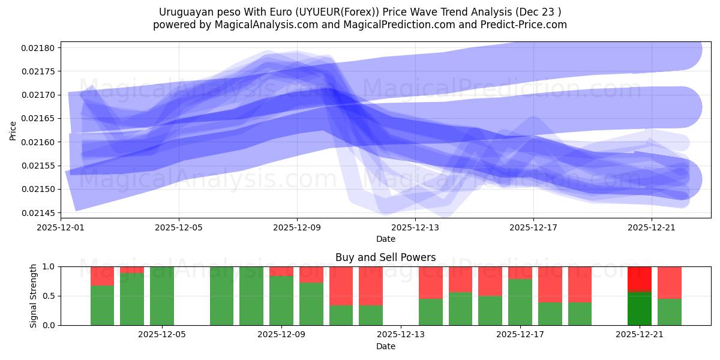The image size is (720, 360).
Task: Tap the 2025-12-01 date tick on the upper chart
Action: (x=61, y=228)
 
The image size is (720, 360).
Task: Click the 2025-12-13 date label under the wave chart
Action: (x=415, y=228)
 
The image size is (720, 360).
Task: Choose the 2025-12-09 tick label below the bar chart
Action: (x=281, y=335)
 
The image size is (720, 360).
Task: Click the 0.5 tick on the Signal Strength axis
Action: (x=49, y=296)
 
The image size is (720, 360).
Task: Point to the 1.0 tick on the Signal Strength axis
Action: (x=49, y=266)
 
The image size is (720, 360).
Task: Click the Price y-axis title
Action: (x=13, y=130)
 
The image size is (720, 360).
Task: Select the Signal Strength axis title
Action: (x=34, y=296)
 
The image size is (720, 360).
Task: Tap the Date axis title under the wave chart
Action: (x=386, y=239)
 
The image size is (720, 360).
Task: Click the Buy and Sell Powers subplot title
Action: (x=386, y=257)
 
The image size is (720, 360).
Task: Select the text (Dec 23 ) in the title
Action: (x=537, y=12)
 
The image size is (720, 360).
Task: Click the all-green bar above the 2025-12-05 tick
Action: (x=162, y=296)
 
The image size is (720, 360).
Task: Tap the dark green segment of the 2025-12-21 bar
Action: (x=640, y=308)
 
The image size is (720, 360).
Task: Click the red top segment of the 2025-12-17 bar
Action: (x=520, y=272)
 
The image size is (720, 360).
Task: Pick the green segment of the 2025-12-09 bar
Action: (x=281, y=301)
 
